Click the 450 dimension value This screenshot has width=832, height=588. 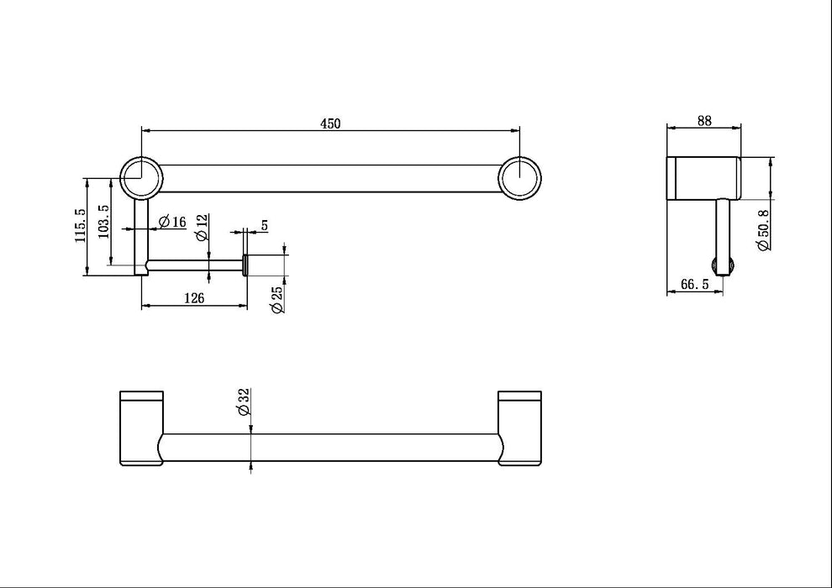[330, 123]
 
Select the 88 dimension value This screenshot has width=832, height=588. [704, 121]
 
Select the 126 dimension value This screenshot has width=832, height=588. [194, 297]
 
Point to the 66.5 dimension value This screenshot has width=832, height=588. [694, 285]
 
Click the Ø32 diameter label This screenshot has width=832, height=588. [243, 402]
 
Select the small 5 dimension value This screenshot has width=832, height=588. [264, 225]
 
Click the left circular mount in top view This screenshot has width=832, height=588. [140, 177]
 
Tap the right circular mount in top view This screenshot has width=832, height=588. [519, 177]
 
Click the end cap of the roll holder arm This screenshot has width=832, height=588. [245, 265]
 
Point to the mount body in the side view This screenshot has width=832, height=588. [703, 178]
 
